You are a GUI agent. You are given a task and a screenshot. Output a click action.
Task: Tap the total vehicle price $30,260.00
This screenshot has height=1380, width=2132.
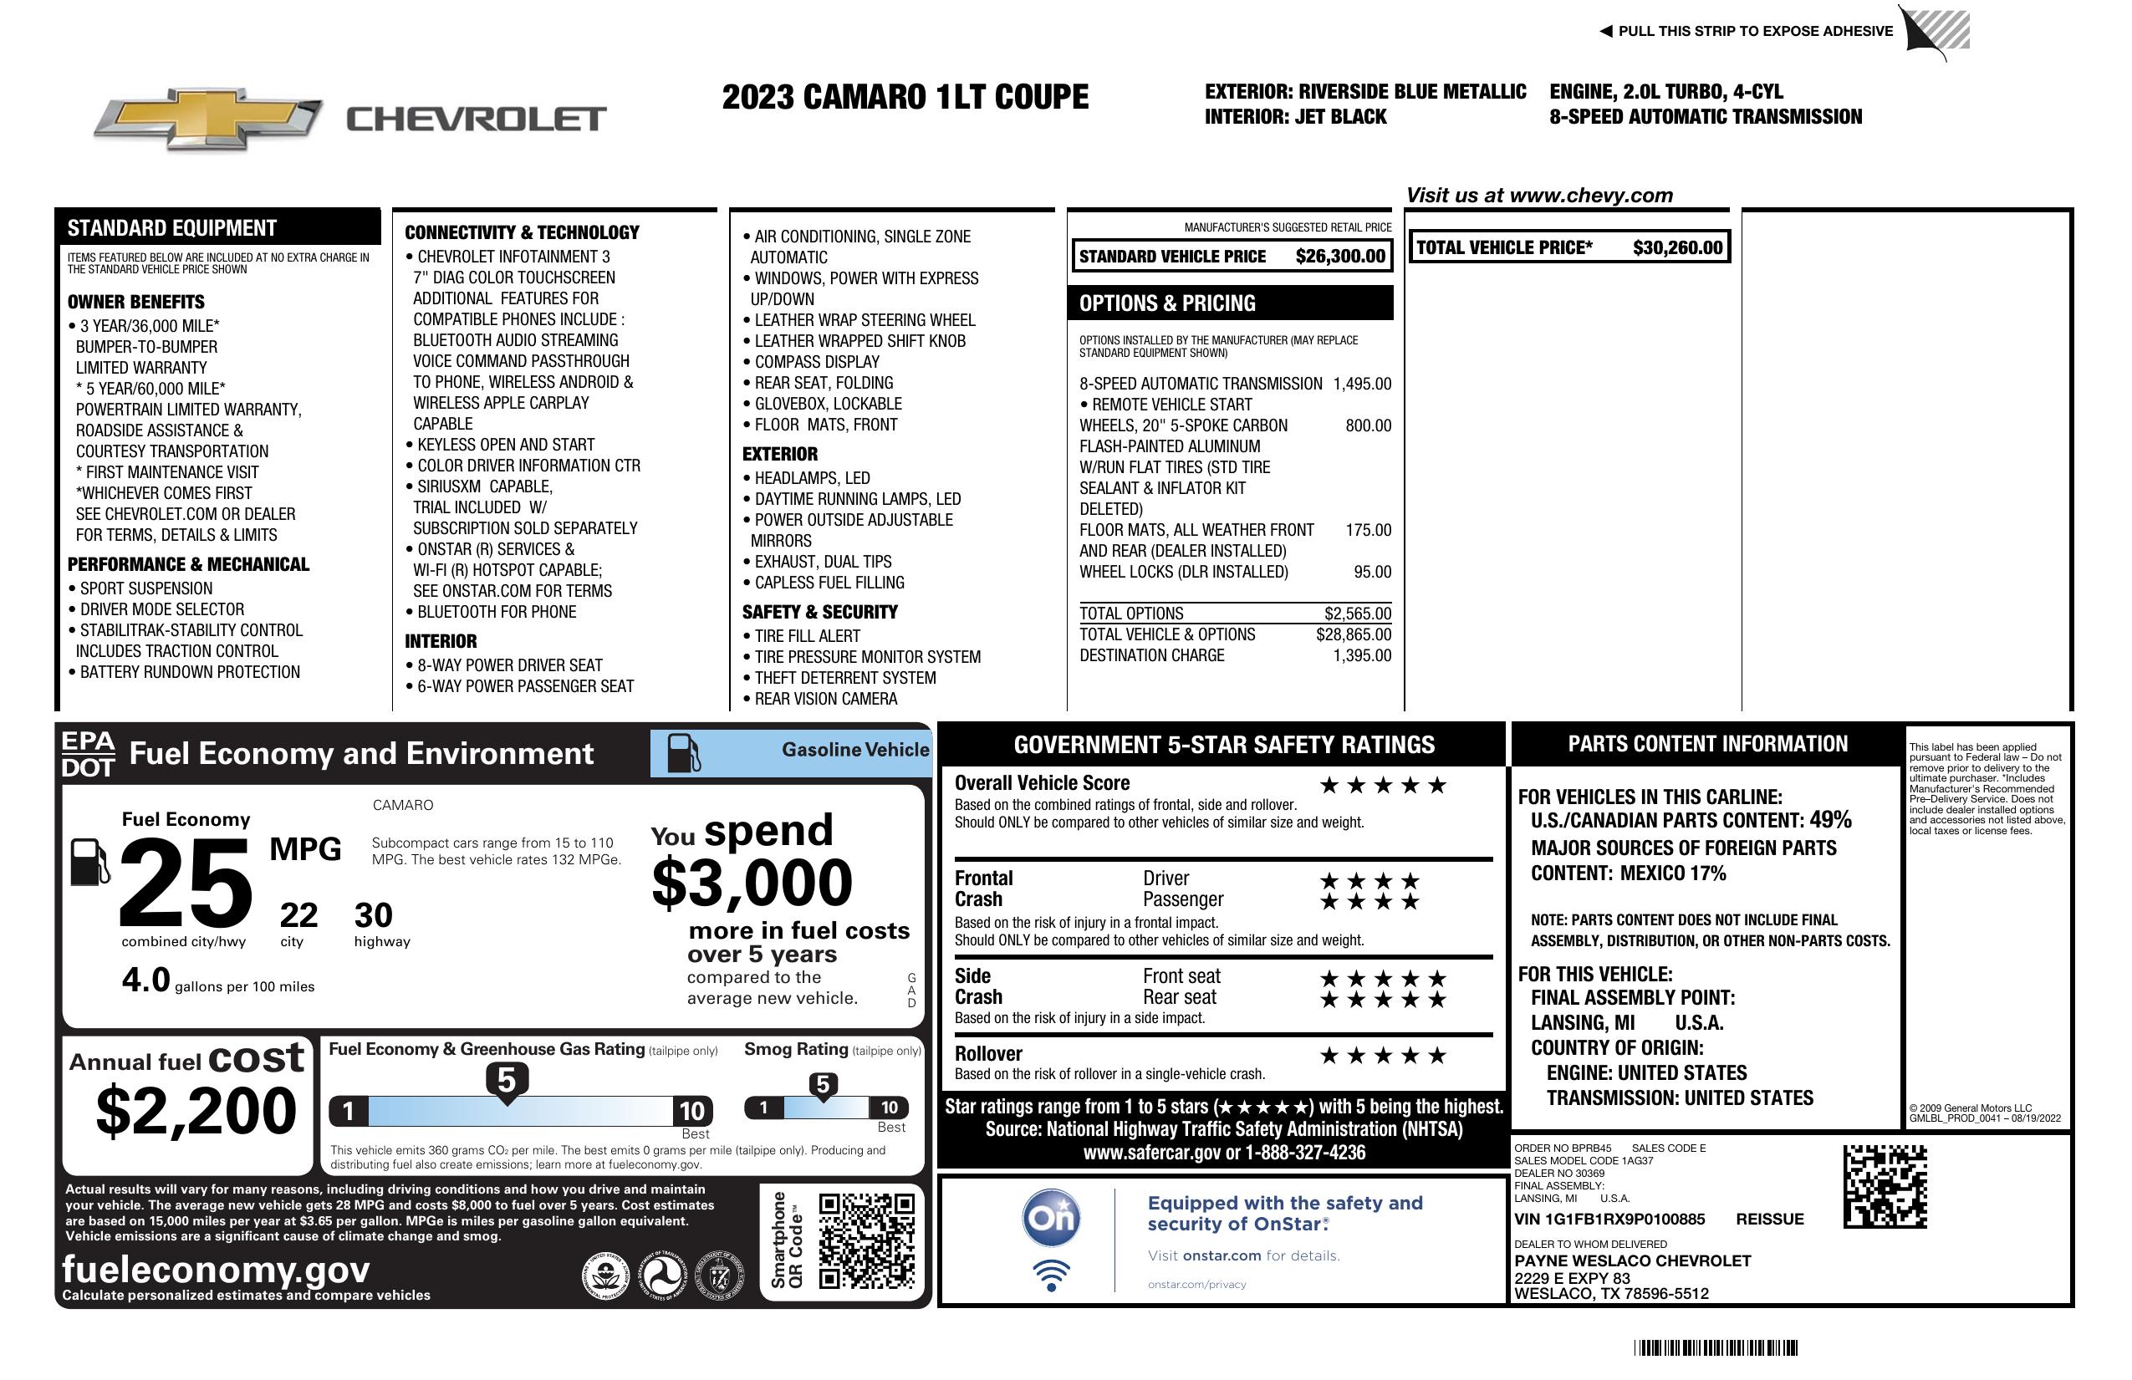point(1676,248)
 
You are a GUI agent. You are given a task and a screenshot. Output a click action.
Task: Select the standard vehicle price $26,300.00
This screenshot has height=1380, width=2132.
point(1339,256)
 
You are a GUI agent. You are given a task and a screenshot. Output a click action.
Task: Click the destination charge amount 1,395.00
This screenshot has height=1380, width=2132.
point(1362,655)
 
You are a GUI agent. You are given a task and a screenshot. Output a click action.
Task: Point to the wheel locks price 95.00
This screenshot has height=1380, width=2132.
point(1371,573)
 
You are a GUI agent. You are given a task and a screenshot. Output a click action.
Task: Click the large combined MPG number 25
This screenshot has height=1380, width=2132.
point(186,882)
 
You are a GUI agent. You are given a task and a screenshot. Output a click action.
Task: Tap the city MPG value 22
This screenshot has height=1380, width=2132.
point(298,915)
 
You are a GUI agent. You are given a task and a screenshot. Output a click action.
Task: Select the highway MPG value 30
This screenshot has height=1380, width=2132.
point(373,915)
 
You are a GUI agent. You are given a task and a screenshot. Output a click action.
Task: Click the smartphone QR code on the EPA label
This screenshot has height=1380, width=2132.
point(866,1240)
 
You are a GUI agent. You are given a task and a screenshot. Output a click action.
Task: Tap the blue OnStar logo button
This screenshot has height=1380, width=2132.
point(1051,1218)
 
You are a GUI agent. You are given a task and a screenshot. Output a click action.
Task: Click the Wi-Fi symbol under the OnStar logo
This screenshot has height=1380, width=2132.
point(1051,1276)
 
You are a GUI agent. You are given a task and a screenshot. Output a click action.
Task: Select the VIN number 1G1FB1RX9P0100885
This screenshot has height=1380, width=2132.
point(1609,1219)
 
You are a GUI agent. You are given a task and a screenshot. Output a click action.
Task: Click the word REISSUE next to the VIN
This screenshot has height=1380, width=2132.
point(1769,1219)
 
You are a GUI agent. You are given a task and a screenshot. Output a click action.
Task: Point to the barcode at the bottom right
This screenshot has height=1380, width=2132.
point(1715,1347)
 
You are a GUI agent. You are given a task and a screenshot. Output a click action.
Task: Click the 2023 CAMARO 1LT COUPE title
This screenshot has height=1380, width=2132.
point(905,97)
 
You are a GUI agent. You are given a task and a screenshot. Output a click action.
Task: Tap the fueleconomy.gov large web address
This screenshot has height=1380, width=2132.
point(216,1270)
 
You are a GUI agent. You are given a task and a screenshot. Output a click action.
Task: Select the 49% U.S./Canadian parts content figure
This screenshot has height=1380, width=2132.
point(1829,819)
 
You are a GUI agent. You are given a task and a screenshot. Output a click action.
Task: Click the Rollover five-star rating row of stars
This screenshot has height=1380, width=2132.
point(1382,1056)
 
